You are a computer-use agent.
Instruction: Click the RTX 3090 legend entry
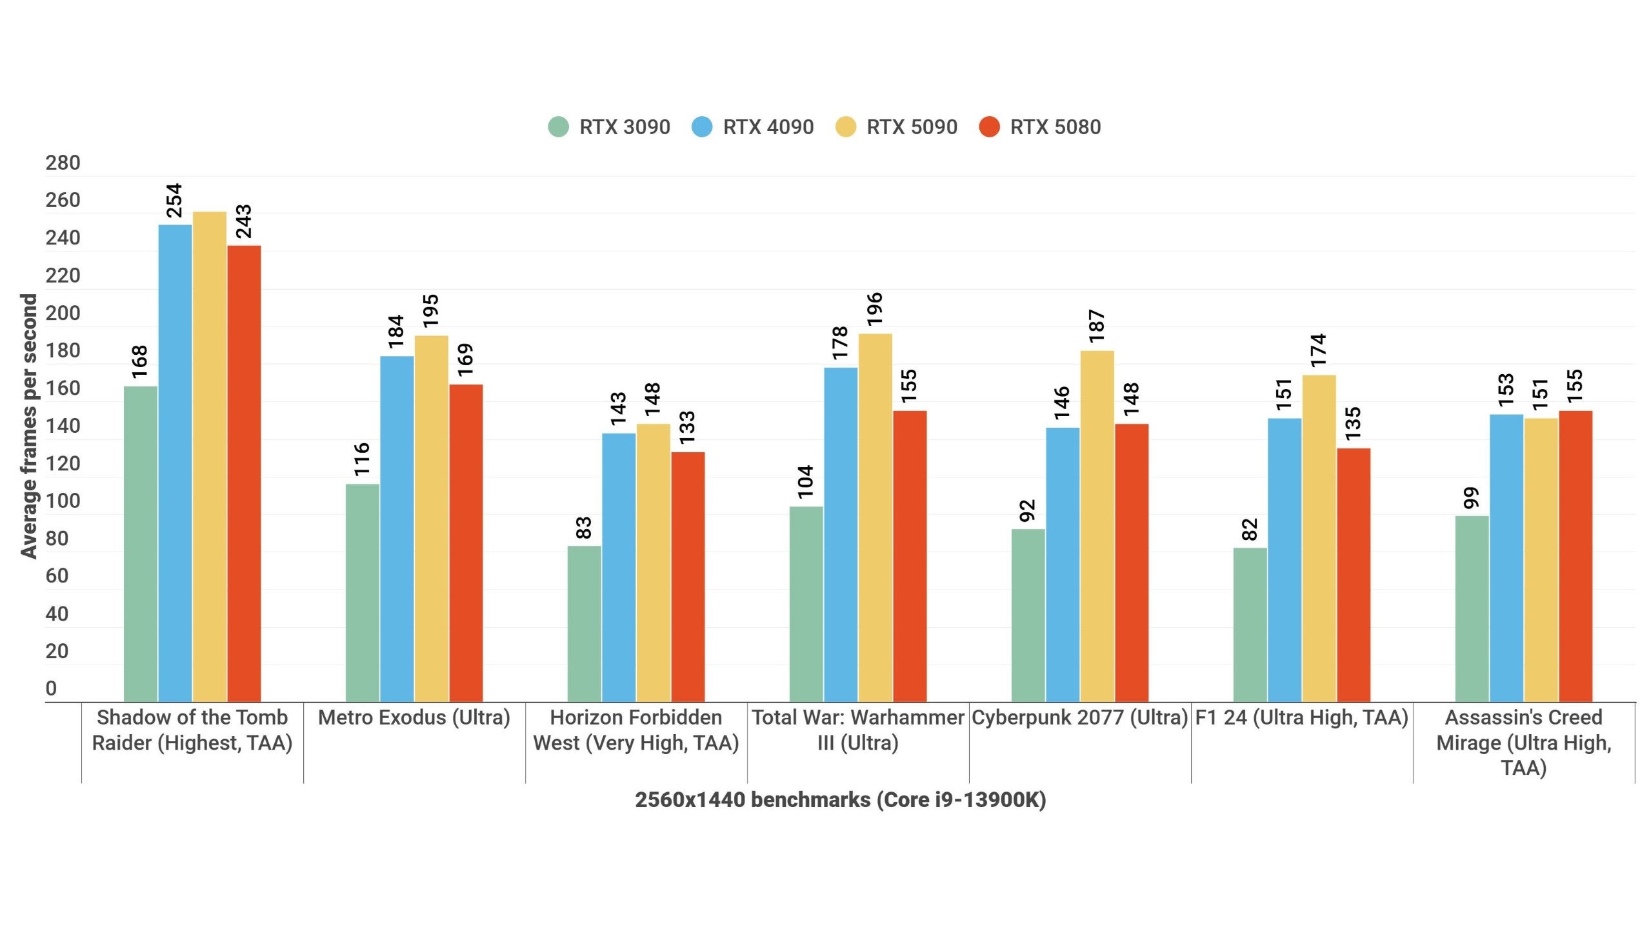tap(610, 127)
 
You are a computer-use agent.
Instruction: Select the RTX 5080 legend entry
tap(1040, 127)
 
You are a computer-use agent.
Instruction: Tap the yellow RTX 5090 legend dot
tap(845, 127)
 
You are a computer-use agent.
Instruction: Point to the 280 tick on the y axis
tap(63, 163)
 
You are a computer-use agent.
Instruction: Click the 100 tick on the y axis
tap(63, 501)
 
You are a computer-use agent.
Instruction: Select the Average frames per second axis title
tap(29, 426)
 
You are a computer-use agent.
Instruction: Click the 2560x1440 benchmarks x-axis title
tap(840, 800)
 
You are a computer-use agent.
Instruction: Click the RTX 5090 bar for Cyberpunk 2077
tap(1097, 526)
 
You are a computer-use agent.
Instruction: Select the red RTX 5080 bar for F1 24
tap(1353, 574)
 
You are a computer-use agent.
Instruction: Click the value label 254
tap(175, 200)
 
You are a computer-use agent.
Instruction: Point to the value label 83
tap(583, 528)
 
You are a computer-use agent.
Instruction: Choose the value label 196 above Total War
tap(874, 308)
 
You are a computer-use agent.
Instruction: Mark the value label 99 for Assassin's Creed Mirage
tap(1471, 497)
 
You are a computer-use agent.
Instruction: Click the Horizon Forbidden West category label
tap(635, 730)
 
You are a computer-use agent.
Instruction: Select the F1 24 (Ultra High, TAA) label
tap(1301, 717)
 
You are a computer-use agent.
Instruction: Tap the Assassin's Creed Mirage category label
tap(1523, 742)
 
